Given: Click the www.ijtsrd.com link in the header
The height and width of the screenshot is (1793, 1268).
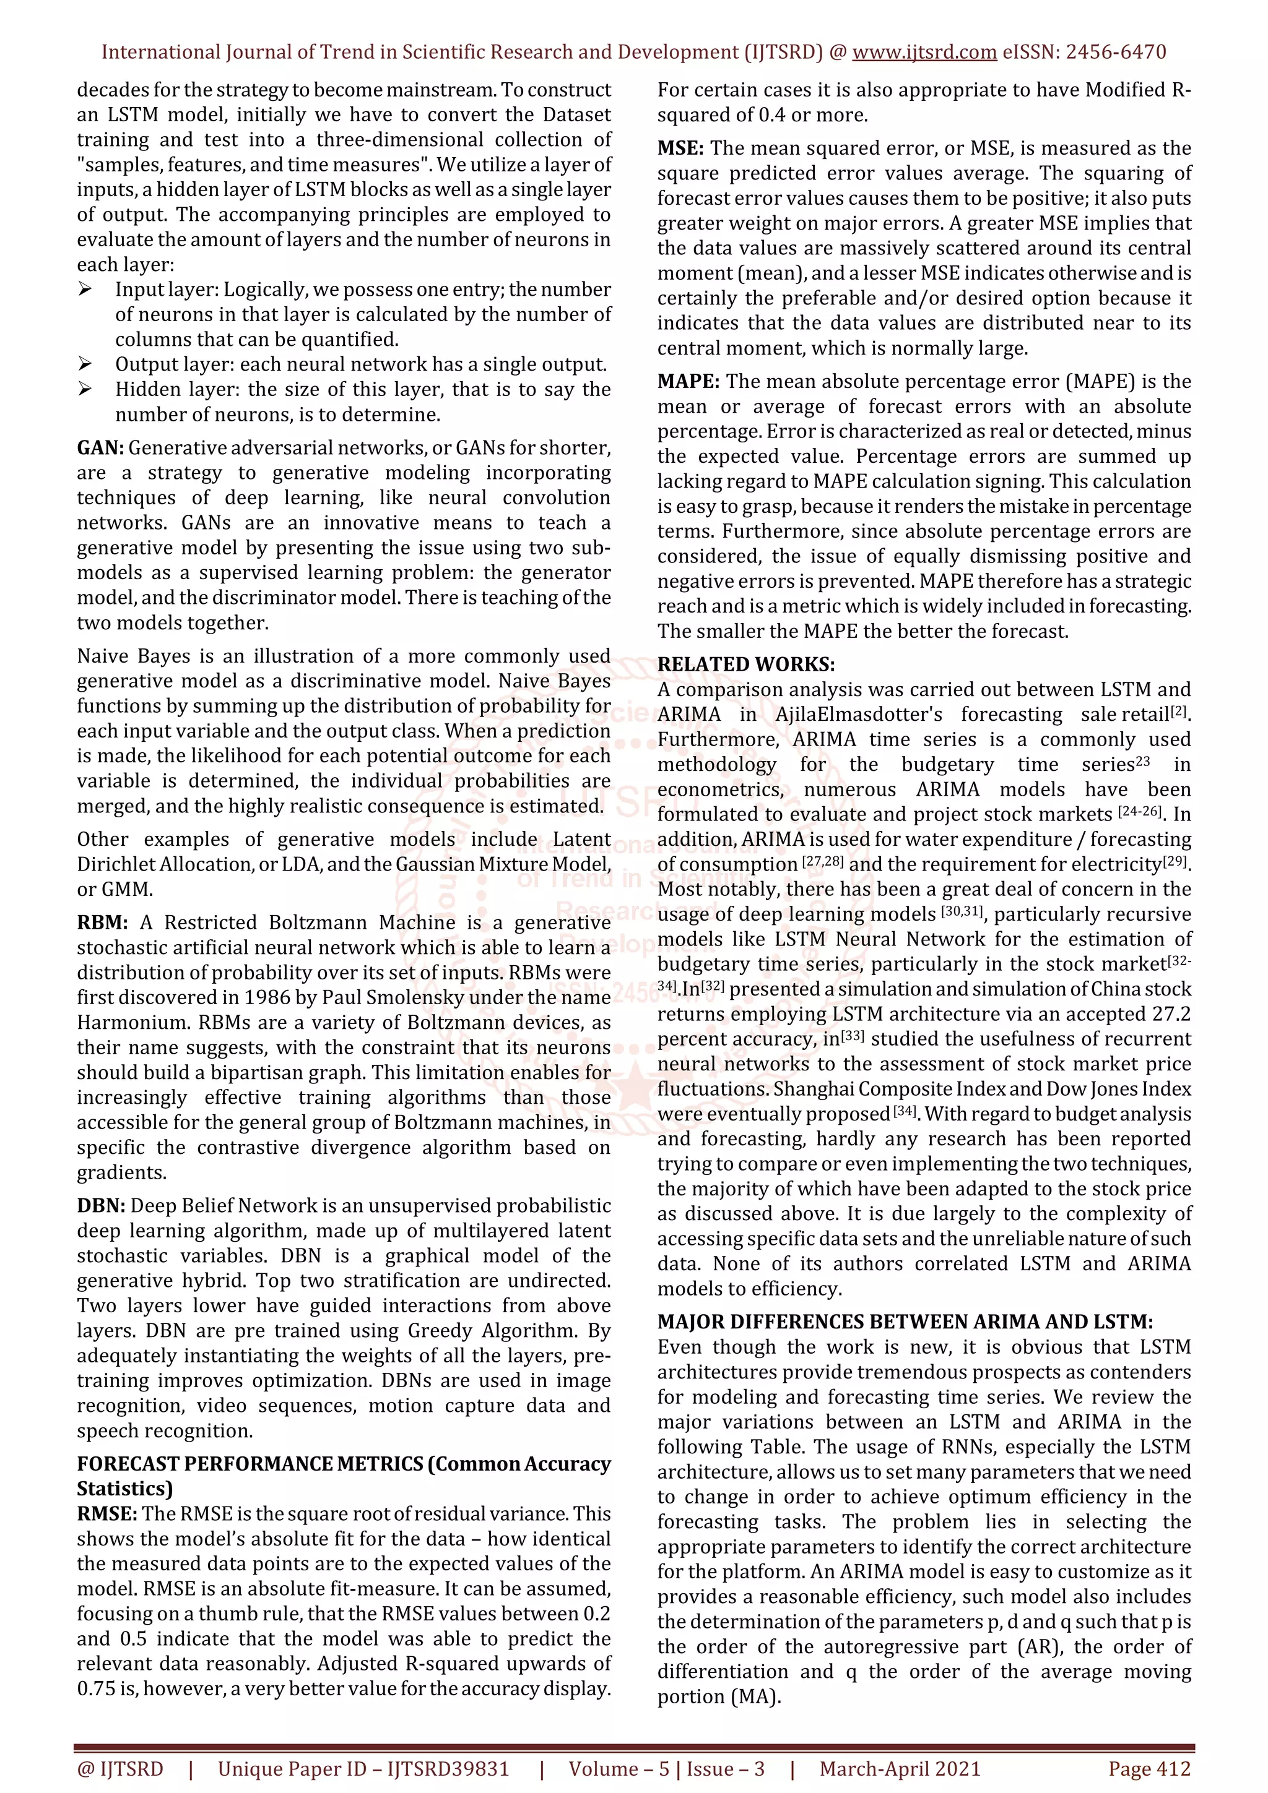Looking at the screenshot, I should click(x=924, y=53).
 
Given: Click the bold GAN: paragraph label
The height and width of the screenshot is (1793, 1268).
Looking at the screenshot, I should click(x=100, y=448).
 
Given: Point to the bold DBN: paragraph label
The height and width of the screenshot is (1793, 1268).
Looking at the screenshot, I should click(x=101, y=1206).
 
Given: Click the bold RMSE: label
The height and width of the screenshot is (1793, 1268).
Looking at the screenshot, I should click(x=107, y=1513).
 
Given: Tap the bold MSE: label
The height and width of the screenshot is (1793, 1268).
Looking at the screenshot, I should click(x=680, y=148).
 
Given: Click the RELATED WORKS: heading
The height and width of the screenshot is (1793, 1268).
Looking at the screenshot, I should click(x=745, y=664).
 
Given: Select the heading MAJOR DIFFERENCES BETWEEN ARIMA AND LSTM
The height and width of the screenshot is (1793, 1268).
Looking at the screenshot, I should click(x=905, y=1322).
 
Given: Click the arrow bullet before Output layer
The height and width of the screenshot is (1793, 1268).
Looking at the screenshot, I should click(x=85, y=364).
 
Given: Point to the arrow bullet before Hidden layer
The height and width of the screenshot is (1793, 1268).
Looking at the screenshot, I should click(x=85, y=390).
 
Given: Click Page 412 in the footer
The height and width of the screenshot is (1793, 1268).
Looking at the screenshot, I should click(x=1149, y=1769).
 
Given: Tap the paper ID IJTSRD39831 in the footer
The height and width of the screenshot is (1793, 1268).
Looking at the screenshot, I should click(x=448, y=1769).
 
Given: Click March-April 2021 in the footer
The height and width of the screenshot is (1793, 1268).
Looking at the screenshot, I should click(x=899, y=1769).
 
